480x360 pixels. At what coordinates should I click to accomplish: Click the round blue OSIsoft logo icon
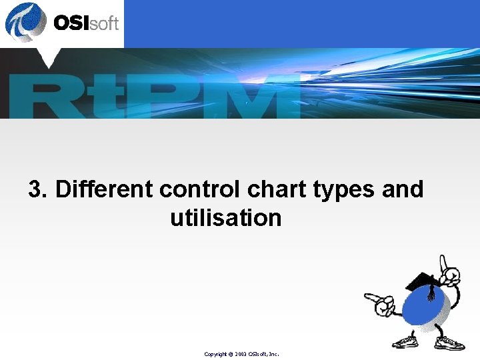coord(25,22)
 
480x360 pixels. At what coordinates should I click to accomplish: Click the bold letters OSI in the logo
coord(71,23)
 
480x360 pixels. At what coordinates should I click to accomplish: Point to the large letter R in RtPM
coord(43,97)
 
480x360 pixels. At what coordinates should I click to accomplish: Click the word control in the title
coord(201,189)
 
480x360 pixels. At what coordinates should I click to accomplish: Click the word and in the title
coord(403,189)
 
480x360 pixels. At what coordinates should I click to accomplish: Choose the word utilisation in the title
coord(226,218)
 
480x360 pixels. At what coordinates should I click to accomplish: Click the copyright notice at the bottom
coord(241,354)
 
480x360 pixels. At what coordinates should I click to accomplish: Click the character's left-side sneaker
coord(405,342)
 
